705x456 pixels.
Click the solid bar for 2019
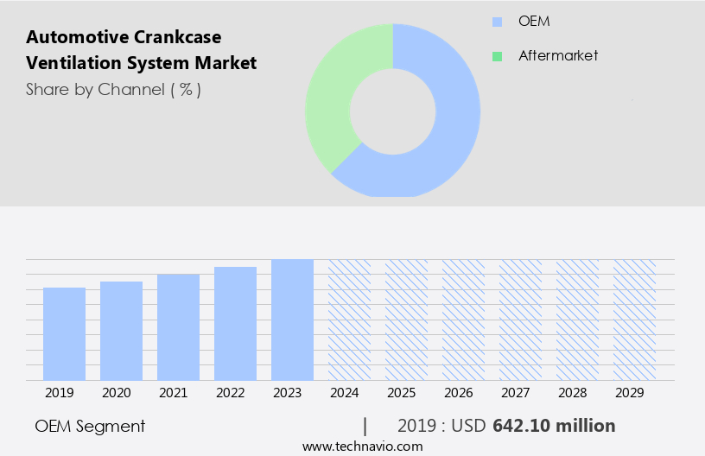coord(64,333)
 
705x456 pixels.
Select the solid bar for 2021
coord(178,326)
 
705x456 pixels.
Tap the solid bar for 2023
coord(292,320)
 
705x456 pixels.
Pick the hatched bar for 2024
coord(349,320)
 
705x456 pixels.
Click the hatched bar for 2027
coord(520,320)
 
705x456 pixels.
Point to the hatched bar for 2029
coord(634,320)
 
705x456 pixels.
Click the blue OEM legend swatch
coord(497,22)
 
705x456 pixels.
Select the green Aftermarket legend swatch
coord(497,56)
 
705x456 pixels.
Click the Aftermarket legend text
coord(558,56)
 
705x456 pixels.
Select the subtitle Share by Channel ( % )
coord(113,90)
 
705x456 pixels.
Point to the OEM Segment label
coord(90,426)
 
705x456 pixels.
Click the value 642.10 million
coord(554,426)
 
